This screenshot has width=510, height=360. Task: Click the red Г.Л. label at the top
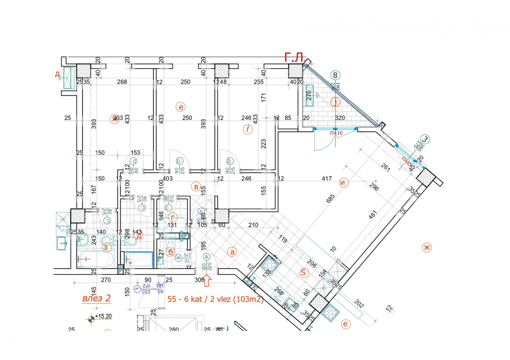coord(295,58)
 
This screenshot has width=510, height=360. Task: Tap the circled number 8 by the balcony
coord(335,76)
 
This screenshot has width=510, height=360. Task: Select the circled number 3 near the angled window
coord(425,139)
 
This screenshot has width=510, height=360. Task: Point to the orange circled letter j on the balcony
coord(335,102)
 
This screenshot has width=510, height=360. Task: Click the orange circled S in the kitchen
coord(303,272)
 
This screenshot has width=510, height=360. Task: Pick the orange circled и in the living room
coord(343,183)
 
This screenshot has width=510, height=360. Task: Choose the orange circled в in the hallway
coord(196,187)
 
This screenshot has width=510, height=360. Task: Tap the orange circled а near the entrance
coord(232,252)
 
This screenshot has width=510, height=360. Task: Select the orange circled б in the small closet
coord(171,252)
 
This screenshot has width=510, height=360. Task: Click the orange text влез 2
coord(96,298)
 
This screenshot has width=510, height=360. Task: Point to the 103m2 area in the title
coord(248,299)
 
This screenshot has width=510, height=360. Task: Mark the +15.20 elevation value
coord(103,316)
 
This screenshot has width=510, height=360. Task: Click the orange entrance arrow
coord(207,281)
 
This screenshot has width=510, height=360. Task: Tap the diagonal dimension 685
coord(331,198)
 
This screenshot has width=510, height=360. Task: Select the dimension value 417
coord(327,179)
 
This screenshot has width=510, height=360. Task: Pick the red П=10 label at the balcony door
coord(336,133)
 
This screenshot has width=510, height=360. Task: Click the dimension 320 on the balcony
coord(340,118)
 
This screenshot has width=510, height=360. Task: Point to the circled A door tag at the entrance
coord(207,257)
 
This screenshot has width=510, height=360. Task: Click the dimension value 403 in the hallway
coord(168,179)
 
